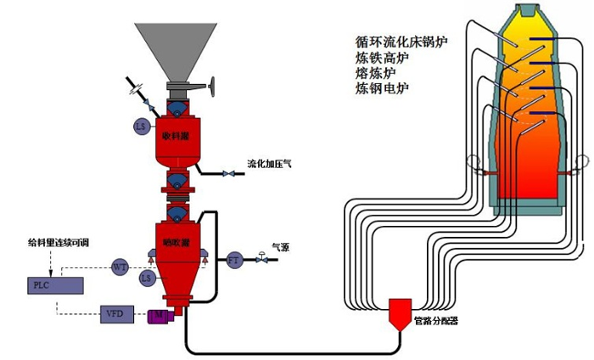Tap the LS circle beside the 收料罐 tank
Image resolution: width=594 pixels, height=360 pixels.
[x=141, y=127]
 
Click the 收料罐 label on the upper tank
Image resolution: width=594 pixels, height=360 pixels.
[x=176, y=136]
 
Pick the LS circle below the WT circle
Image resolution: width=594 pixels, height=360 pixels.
[x=147, y=277]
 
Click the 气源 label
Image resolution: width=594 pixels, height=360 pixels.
[x=281, y=248]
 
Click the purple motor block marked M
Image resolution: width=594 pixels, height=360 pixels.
[x=158, y=316]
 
